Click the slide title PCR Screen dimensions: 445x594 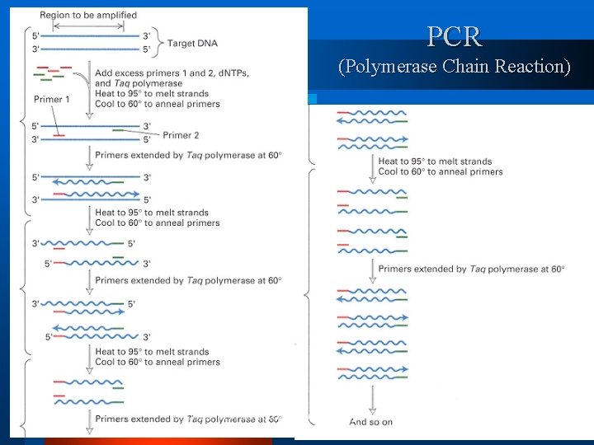(x=455, y=36)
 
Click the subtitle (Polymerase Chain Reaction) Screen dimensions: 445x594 (x=455, y=66)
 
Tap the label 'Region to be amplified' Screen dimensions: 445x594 (x=88, y=16)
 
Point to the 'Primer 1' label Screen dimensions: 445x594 (x=51, y=100)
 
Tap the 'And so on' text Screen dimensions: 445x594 (x=370, y=422)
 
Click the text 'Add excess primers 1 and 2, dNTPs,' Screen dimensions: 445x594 (x=172, y=73)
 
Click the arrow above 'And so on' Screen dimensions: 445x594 (x=371, y=399)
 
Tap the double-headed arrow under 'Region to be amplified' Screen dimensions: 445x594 (x=89, y=26)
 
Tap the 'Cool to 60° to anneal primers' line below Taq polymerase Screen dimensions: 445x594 (x=158, y=104)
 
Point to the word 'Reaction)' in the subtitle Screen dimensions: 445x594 (x=532, y=66)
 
